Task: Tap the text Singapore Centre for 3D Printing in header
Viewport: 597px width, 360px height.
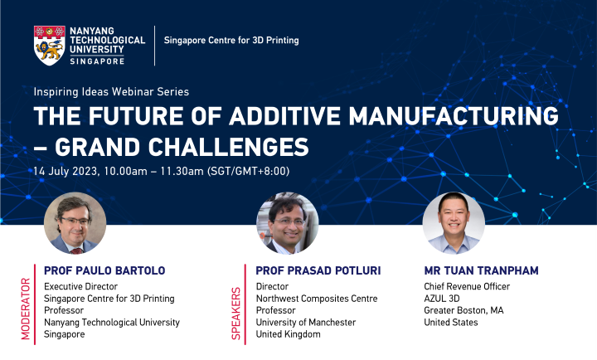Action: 231,40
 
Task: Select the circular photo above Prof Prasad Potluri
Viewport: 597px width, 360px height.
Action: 287,222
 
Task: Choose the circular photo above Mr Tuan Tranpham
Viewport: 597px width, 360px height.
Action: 453,222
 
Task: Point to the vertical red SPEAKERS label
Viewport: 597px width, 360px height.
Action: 235,314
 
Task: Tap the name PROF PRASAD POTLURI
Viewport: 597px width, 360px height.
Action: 318,270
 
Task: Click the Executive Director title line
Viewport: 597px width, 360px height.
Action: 80,286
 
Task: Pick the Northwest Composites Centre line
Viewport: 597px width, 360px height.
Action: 317,299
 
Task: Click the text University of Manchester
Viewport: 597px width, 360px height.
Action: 305,322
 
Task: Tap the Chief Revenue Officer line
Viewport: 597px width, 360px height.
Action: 467,286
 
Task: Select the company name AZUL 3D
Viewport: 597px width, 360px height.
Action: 443,299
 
